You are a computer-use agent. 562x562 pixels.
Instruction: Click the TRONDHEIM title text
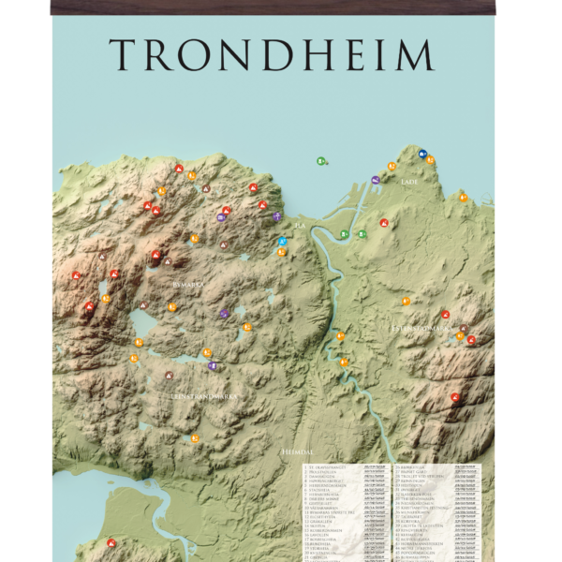(272, 55)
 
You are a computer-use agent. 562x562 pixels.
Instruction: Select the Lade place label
(407, 181)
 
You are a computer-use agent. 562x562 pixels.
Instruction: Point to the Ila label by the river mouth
(300, 226)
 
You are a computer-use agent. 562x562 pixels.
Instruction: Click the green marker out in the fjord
(320, 161)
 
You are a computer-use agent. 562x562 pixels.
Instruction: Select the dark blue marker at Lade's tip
(423, 152)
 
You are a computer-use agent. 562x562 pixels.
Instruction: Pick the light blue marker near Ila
(283, 242)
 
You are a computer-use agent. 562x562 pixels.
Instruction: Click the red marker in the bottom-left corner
(111, 542)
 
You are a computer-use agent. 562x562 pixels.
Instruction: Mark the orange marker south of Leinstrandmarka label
(195, 437)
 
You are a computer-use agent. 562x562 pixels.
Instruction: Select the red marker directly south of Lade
(384, 223)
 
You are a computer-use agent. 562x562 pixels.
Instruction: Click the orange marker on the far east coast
(463, 198)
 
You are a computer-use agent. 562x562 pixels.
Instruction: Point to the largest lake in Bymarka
(145, 325)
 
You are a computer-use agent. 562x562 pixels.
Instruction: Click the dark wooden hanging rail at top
(272, 7)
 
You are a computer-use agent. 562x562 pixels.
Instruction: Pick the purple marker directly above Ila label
(277, 216)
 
